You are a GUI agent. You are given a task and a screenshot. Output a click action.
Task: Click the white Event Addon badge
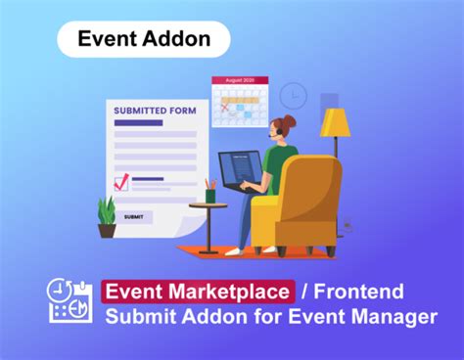click(143, 40)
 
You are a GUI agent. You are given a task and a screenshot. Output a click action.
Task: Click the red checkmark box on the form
click(122, 182)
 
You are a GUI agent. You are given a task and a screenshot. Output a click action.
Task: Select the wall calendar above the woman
click(240, 97)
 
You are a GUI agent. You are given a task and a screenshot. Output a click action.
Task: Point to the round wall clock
click(293, 96)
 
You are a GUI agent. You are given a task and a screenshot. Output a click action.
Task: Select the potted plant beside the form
click(107, 215)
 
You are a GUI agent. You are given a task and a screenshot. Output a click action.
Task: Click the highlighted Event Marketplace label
click(198, 291)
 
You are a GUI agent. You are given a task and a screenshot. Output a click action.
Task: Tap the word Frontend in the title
click(362, 291)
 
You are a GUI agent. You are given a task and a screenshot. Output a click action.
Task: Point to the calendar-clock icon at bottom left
click(70, 301)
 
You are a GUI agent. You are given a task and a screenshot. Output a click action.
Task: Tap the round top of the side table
click(209, 204)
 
